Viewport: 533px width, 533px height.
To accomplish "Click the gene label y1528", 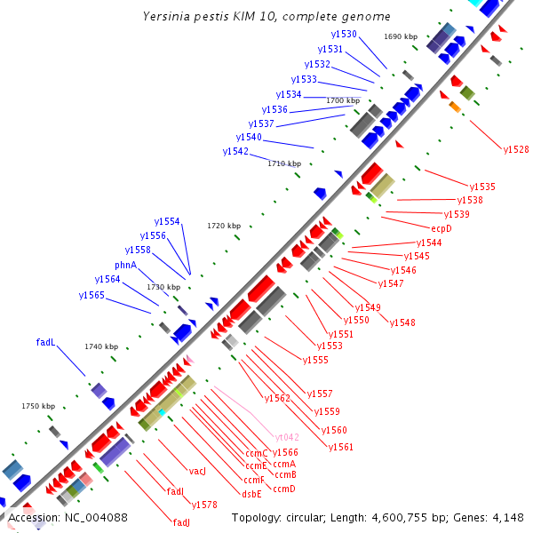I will pyautogui.click(x=516, y=149).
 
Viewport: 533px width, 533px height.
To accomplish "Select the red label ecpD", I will pyautogui.click(x=442, y=228).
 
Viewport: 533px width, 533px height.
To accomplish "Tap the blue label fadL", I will pyautogui.click(x=45, y=342).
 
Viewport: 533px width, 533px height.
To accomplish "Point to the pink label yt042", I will pyautogui.click(x=287, y=437).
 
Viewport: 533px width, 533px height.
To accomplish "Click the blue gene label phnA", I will pyautogui.click(x=125, y=266).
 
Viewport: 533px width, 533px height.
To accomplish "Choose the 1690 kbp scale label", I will pyautogui.click(x=401, y=36).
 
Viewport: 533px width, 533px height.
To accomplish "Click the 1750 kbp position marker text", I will pyautogui.click(x=38, y=406).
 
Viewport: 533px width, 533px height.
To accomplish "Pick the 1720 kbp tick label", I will pyautogui.click(x=224, y=227).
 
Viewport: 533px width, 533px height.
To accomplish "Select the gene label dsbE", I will pyautogui.click(x=251, y=494).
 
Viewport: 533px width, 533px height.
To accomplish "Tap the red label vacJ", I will pyautogui.click(x=197, y=470).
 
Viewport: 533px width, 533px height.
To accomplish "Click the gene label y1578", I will pyautogui.click(x=204, y=505).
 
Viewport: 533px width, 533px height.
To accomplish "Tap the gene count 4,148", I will pyautogui.click(x=507, y=518).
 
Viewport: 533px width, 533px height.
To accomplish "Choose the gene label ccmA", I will pyautogui.click(x=284, y=464).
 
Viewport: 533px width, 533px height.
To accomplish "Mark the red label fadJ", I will pyautogui.click(x=181, y=522).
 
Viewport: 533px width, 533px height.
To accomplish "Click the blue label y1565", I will pyautogui.click(x=91, y=295).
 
